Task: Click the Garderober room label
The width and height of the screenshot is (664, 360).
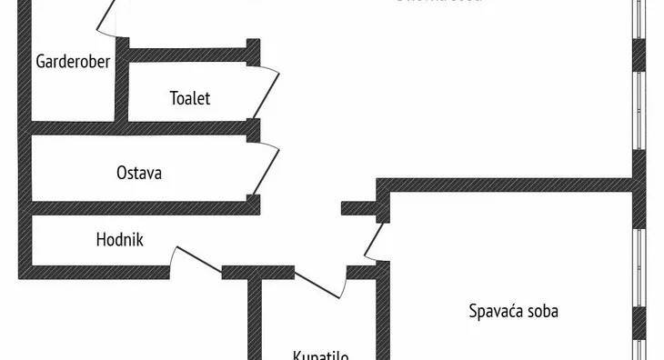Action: tap(73, 62)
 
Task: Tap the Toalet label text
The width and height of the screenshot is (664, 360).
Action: tap(190, 98)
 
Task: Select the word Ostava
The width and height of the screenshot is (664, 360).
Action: tap(139, 172)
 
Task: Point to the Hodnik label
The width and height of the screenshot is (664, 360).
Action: tap(120, 240)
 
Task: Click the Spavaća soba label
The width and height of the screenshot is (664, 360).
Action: tap(513, 311)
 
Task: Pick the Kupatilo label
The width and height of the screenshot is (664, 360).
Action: tap(320, 355)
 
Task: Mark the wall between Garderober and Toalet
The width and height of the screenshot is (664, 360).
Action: tap(121, 86)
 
